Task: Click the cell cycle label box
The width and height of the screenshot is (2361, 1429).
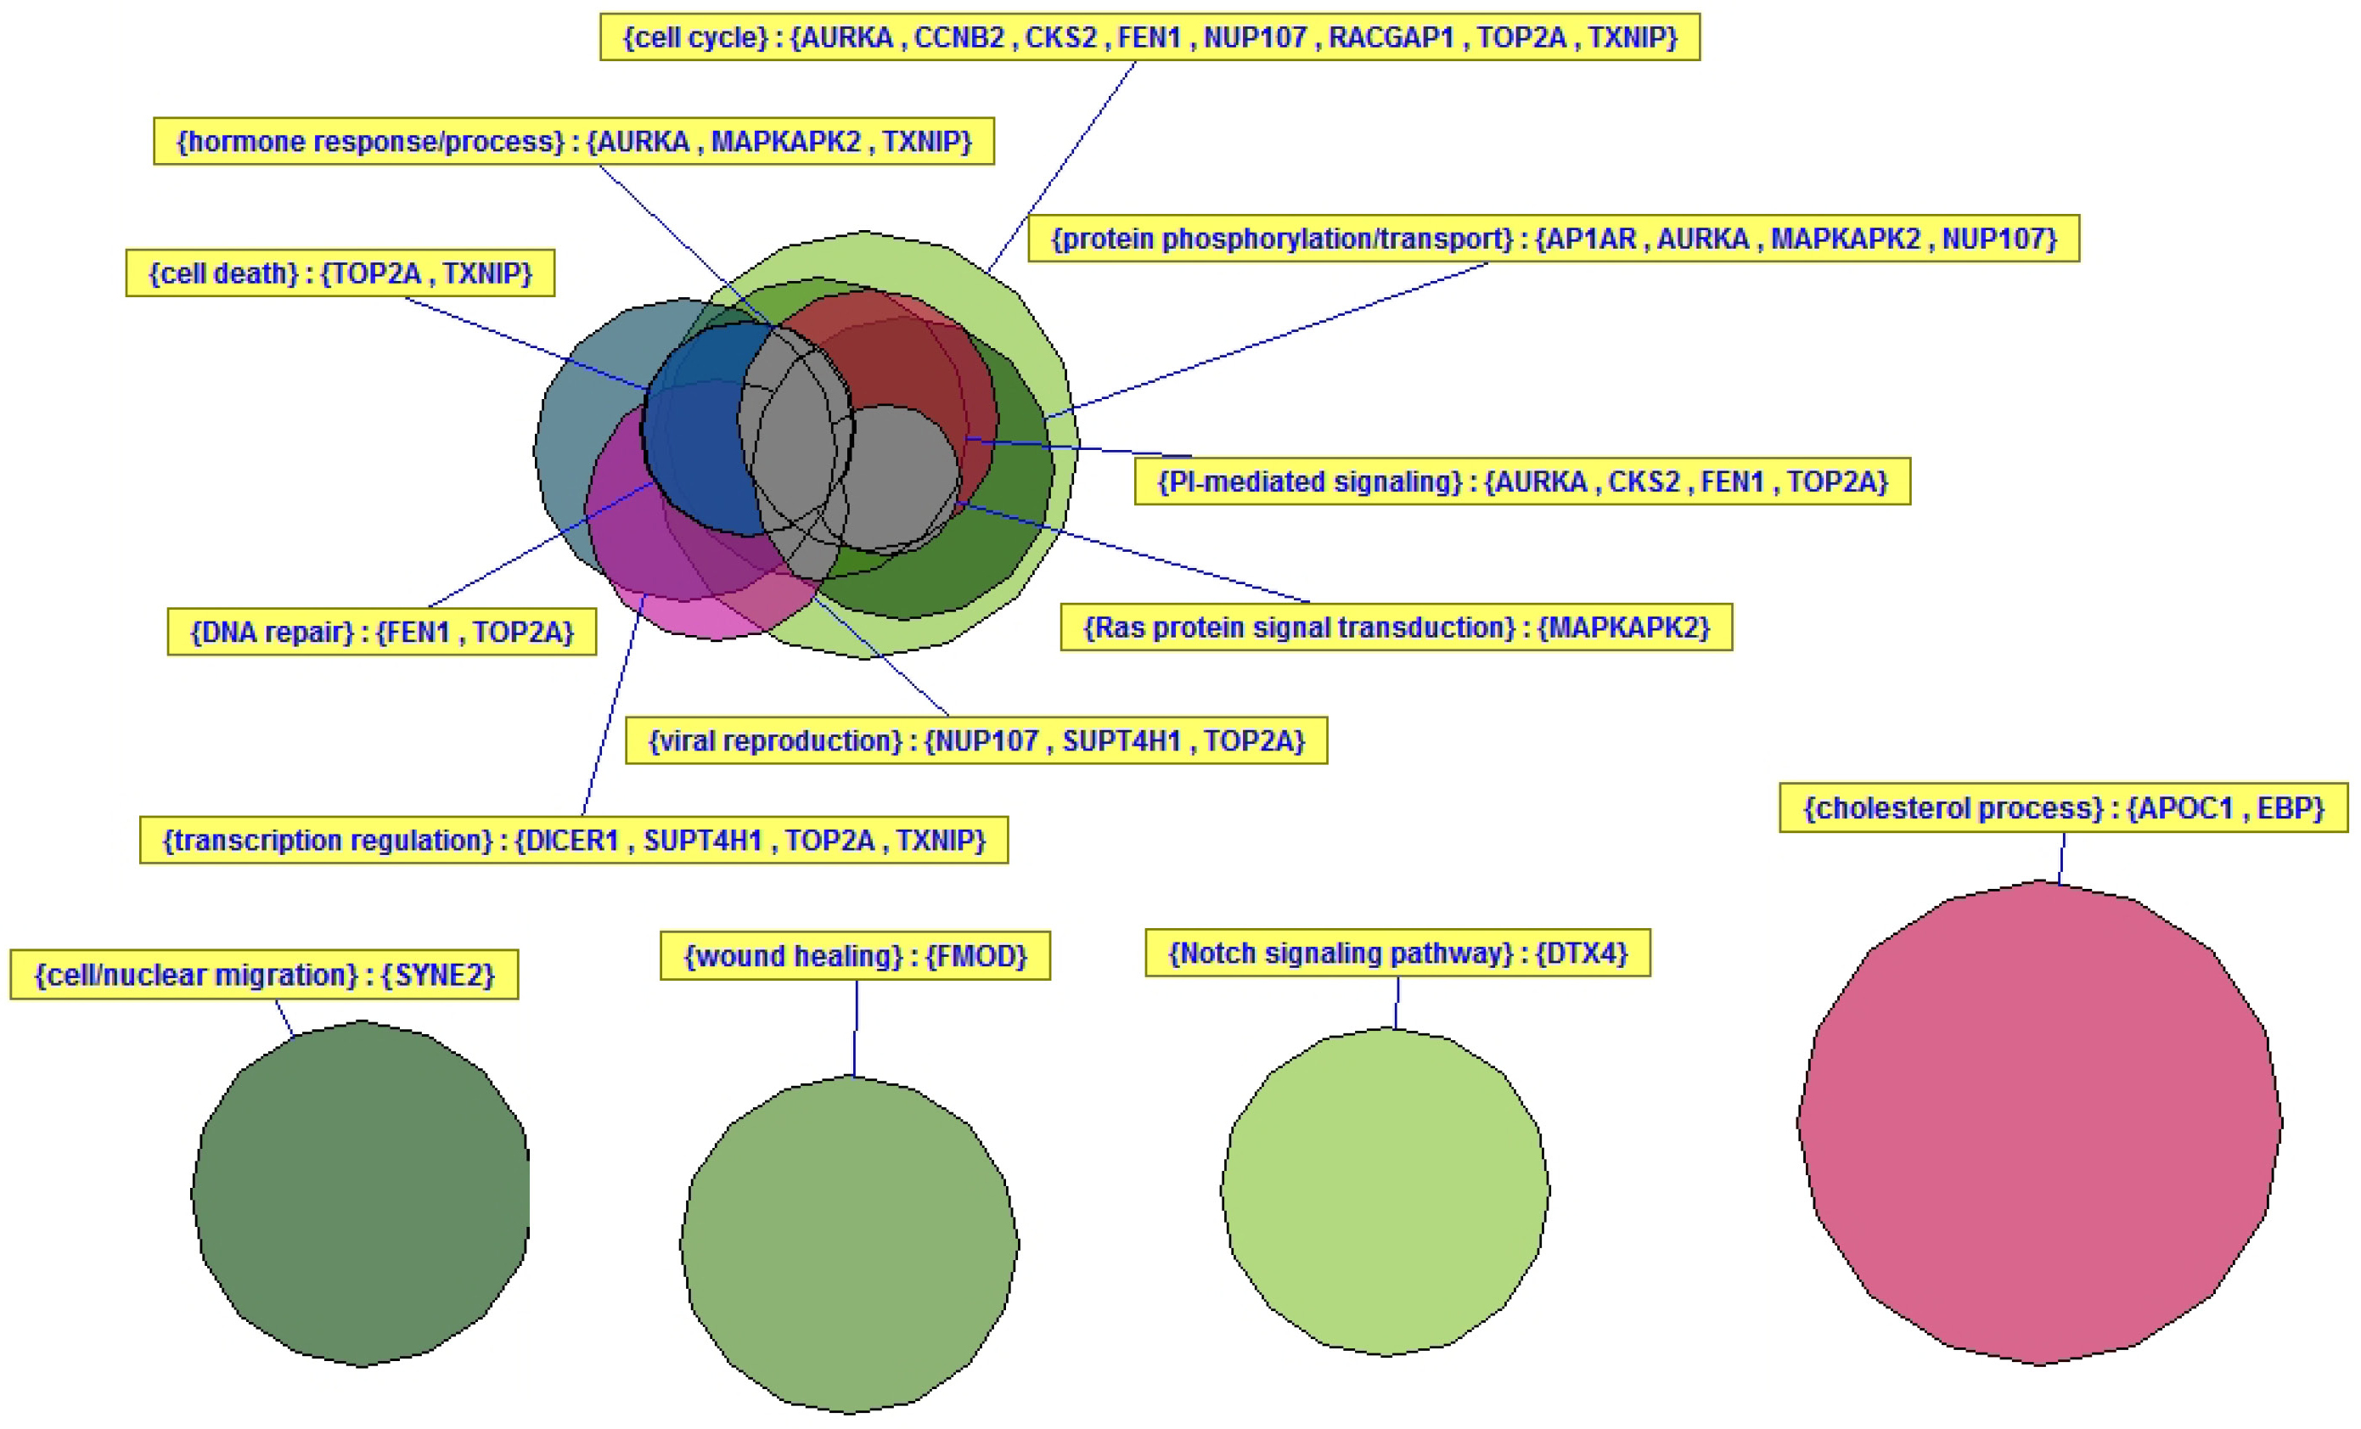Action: coord(1150,37)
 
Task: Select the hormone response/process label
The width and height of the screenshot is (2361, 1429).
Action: coord(574,141)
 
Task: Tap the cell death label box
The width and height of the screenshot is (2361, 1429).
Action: coord(340,273)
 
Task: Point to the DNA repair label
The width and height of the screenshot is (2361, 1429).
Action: coord(381,632)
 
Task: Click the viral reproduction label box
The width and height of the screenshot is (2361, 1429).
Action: coord(976,740)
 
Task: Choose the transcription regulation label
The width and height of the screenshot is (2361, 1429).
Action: coord(574,840)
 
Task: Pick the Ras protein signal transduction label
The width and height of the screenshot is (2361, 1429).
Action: coord(1396,627)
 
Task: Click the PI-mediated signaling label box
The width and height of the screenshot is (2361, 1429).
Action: coord(1522,481)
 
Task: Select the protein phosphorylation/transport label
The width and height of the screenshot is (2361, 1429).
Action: coord(1554,238)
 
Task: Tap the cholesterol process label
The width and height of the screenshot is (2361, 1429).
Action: coord(2064,808)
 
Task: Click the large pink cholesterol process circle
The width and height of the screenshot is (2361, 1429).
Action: coord(2039,1122)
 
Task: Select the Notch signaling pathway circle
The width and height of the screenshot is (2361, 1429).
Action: coord(1386,1191)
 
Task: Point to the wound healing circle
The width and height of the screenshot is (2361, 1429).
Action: coord(850,1244)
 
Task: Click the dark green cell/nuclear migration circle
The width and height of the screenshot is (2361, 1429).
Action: coord(360,1193)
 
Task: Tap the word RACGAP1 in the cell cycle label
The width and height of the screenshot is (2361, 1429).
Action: coord(1391,37)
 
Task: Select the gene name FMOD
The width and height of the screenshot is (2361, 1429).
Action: coord(983,955)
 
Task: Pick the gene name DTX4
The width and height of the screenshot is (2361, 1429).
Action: coord(1587,953)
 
